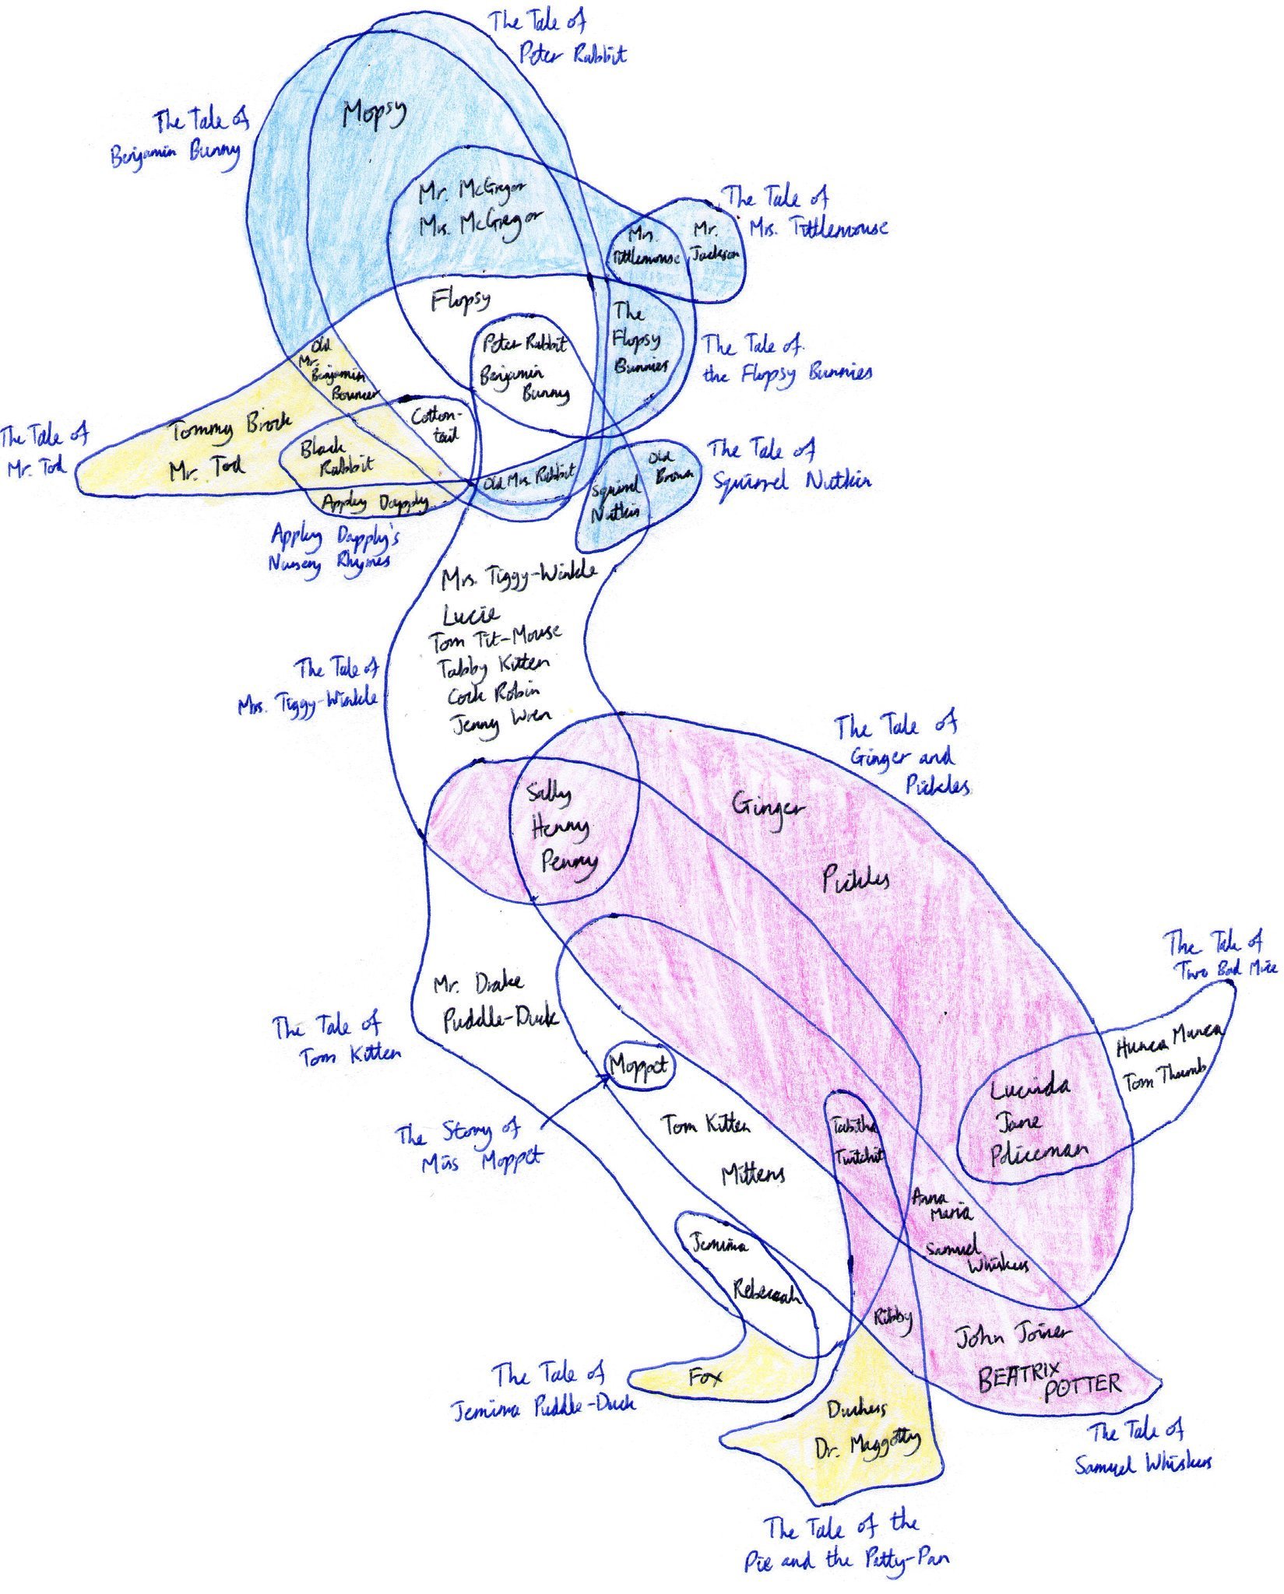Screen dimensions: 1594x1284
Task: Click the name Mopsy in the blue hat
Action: click(x=375, y=115)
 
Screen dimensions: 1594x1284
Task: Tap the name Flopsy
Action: click(x=461, y=300)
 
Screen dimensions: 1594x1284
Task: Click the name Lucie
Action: click(x=470, y=615)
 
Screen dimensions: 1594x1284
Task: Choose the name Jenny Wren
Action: click(x=501, y=721)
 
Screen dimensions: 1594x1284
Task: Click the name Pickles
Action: click(x=856, y=880)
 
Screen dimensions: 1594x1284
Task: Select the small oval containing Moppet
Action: click(x=640, y=1066)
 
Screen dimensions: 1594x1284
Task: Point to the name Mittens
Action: click(x=752, y=1174)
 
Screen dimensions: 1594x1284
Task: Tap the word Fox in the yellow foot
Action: click(x=705, y=1377)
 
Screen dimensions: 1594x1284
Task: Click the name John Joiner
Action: click(x=1012, y=1336)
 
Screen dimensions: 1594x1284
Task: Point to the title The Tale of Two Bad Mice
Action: click(x=1220, y=956)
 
